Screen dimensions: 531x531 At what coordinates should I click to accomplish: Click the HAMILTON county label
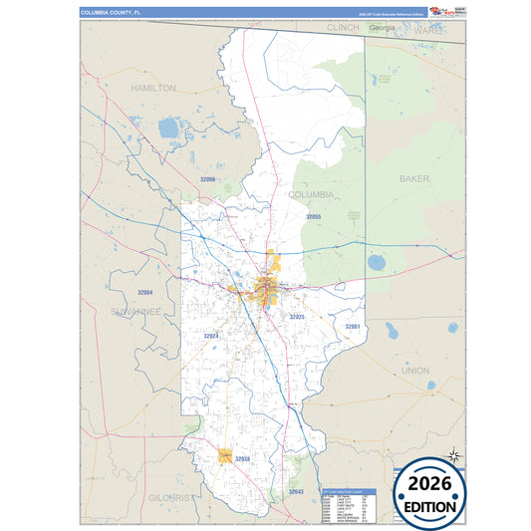[x=152, y=88]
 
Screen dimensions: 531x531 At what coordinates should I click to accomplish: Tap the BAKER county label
[x=413, y=178]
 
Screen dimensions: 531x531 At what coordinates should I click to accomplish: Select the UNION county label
[x=414, y=371]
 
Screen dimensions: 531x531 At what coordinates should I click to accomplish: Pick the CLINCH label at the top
[x=343, y=28]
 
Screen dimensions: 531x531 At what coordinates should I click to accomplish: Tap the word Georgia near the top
[x=382, y=28]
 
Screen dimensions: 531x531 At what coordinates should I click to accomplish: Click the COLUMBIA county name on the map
[x=311, y=195]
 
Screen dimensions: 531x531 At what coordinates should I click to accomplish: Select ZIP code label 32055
[x=314, y=216]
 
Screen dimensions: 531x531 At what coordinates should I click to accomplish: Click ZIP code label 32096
[x=207, y=179]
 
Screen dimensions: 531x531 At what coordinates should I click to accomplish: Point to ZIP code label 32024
[x=211, y=336]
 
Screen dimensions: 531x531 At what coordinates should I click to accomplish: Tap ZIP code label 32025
[x=297, y=316]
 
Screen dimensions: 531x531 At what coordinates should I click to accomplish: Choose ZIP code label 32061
[x=352, y=327]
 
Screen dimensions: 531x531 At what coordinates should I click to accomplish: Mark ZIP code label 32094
[x=145, y=292]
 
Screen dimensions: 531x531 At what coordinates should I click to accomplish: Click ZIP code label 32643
[x=296, y=491]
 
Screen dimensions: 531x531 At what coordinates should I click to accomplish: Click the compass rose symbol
[x=453, y=456]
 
